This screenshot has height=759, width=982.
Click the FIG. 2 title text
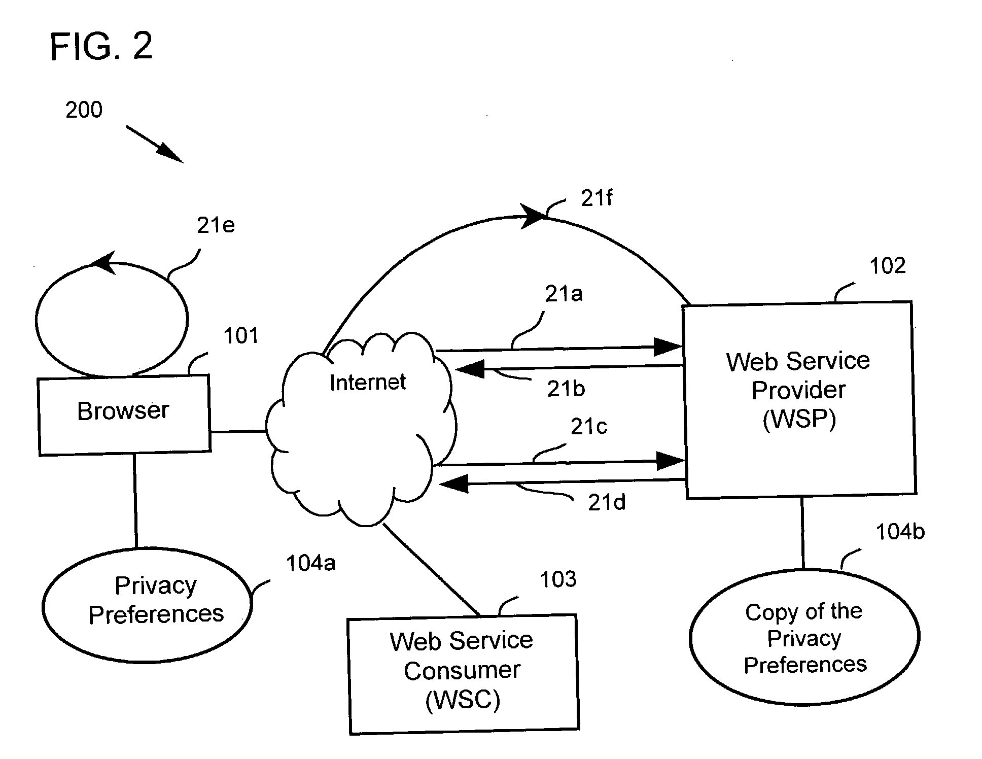[x=101, y=46]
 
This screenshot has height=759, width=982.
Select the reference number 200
[x=84, y=110]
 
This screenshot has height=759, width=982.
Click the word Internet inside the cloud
[x=367, y=382]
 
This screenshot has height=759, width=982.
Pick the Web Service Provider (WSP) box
[x=799, y=400]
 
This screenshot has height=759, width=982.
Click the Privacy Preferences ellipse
[x=147, y=605]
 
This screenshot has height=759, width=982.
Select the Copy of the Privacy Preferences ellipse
[x=804, y=637]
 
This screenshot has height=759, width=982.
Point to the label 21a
[x=564, y=294]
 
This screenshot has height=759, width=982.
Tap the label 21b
[x=566, y=389]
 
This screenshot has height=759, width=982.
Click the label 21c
[x=588, y=427]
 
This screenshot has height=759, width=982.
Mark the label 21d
[x=606, y=503]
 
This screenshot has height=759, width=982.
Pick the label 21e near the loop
[x=216, y=225]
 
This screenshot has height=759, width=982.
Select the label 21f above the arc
[x=597, y=198]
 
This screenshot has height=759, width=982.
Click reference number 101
[x=241, y=336]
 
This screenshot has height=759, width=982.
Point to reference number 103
[x=558, y=579]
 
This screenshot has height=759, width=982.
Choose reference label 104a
[x=310, y=563]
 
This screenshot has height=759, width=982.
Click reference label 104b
[x=900, y=532]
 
